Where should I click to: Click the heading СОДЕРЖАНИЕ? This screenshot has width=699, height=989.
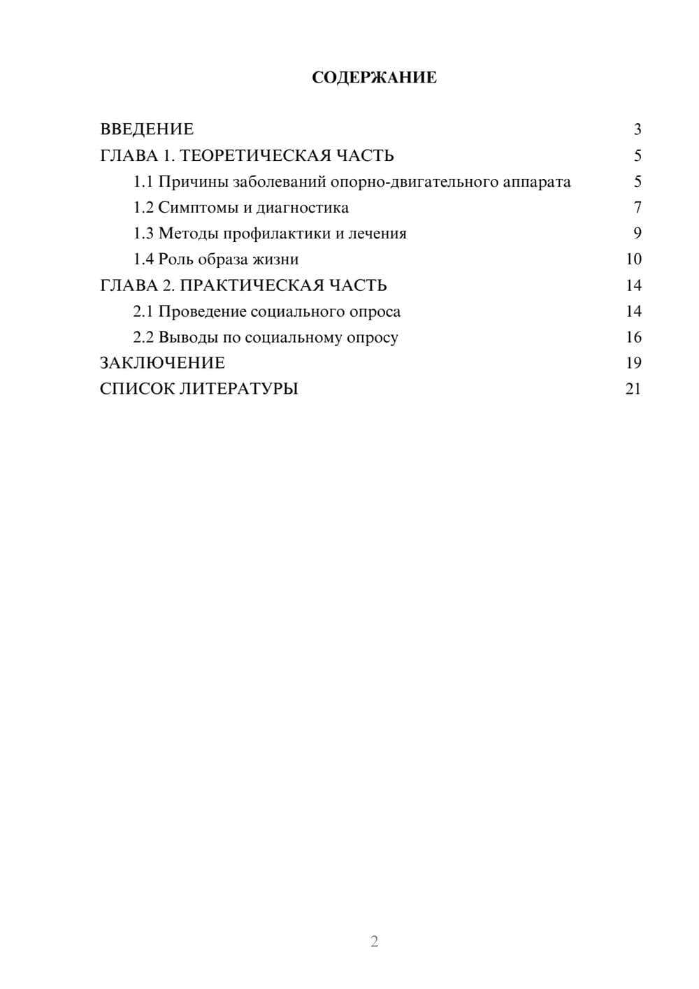point(374,78)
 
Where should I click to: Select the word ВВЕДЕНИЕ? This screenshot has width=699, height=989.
point(147,129)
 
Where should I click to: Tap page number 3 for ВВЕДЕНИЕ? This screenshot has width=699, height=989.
point(637,129)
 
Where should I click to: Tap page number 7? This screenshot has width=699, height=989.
point(637,208)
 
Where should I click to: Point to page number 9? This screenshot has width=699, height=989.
point(637,234)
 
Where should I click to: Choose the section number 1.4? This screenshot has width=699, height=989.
point(143,259)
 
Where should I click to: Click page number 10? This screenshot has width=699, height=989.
point(633,259)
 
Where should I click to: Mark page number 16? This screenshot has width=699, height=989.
point(633,337)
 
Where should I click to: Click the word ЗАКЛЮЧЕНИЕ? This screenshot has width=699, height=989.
point(162,363)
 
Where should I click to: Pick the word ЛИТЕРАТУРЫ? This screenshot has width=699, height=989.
point(239,389)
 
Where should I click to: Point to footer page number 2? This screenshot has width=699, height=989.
point(374,941)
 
